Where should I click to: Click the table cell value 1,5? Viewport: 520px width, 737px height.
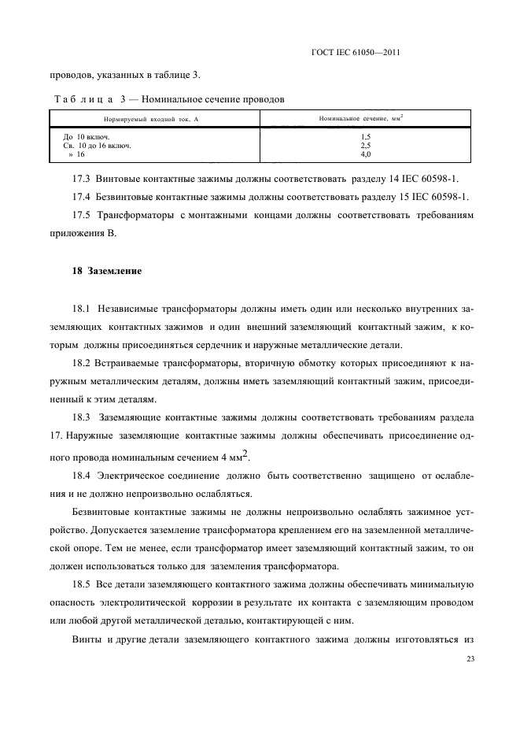pyautogui.click(x=365, y=137)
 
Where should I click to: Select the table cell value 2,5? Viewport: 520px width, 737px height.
pyautogui.click(x=365, y=146)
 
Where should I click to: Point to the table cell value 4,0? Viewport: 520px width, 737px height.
pyautogui.click(x=365, y=154)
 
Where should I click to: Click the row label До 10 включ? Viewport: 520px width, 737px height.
pyautogui.click(x=86, y=137)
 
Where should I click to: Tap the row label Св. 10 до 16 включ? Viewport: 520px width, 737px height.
pyautogui.click(x=96, y=146)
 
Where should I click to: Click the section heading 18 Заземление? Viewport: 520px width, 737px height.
pyautogui.click(x=107, y=271)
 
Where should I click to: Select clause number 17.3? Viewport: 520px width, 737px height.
pyautogui.click(x=82, y=179)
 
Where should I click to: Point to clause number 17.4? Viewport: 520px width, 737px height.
pyautogui.click(x=82, y=196)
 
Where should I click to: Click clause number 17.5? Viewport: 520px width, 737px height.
pyautogui.click(x=82, y=213)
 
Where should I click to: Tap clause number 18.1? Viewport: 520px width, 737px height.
pyautogui.click(x=82, y=309)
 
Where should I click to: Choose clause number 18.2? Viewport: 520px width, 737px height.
pyautogui.click(x=82, y=364)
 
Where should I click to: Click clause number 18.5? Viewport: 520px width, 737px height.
pyautogui.click(x=82, y=584)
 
